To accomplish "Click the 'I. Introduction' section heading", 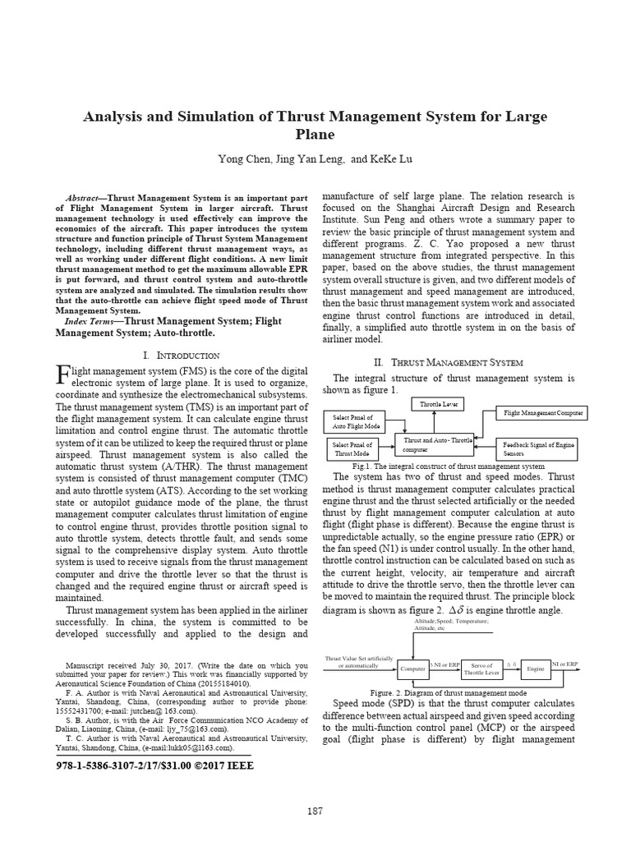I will [x=181, y=356].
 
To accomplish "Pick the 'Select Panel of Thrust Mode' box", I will [x=354, y=448].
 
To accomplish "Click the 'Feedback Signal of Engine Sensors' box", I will [x=538, y=448].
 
